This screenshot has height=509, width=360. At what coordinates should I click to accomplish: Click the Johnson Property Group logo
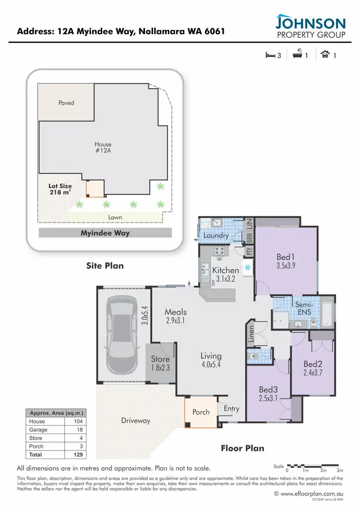pyautogui.click(x=310, y=27)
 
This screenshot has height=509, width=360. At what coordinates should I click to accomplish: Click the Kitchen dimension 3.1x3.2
pyautogui.click(x=225, y=279)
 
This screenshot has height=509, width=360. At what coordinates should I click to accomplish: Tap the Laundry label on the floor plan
pyautogui.click(x=215, y=236)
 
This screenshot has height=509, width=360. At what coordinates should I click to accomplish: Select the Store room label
pyautogui.click(x=160, y=359)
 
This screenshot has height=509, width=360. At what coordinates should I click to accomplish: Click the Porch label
pyautogui.click(x=201, y=412)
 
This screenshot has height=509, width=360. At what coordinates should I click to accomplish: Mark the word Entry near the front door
pyautogui.click(x=232, y=408)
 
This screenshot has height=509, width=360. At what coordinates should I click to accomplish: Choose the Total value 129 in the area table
pyautogui.click(x=78, y=454)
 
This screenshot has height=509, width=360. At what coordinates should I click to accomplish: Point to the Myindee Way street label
pyautogui.click(x=105, y=233)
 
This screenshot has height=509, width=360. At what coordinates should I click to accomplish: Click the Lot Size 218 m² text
pyautogui.click(x=60, y=189)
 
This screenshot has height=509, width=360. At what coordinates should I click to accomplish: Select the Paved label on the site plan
pyautogui.click(x=66, y=103)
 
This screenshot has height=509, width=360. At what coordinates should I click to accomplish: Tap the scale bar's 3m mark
pyautogui.click(x=340, y=471)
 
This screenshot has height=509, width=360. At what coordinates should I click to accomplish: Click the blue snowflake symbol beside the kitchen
pyautogui.click(x=248, y=267)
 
